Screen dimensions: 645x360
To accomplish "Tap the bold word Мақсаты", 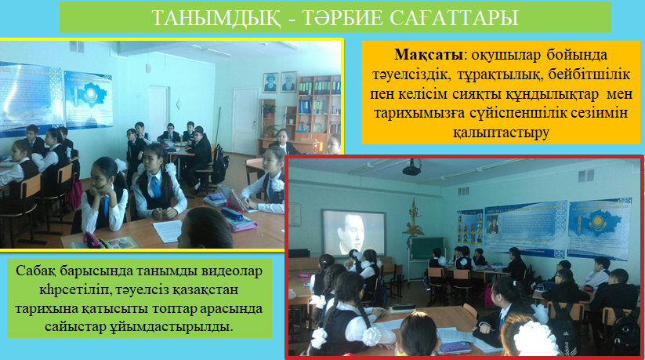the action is (x=429, y=55).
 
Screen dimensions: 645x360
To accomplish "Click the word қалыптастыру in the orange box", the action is (x=501, y=133).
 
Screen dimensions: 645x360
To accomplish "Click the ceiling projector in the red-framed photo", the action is (x=411, y=169).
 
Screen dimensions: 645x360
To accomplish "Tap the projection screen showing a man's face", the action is (x=353, y=232).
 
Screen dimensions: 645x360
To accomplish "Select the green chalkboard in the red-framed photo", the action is (x=428, y=249).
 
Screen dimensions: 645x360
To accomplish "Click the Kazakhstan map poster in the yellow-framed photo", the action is (x=88, y=100).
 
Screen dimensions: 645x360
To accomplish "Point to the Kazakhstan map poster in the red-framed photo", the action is (x=599, y=228).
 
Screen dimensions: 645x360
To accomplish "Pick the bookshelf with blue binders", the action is (x=318, y=105).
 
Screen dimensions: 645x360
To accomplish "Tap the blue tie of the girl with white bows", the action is (x=156, y=187).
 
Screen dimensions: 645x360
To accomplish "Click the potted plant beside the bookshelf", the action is (x=269, y=110).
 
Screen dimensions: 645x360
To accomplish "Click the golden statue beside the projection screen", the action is (x=413, y=216).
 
